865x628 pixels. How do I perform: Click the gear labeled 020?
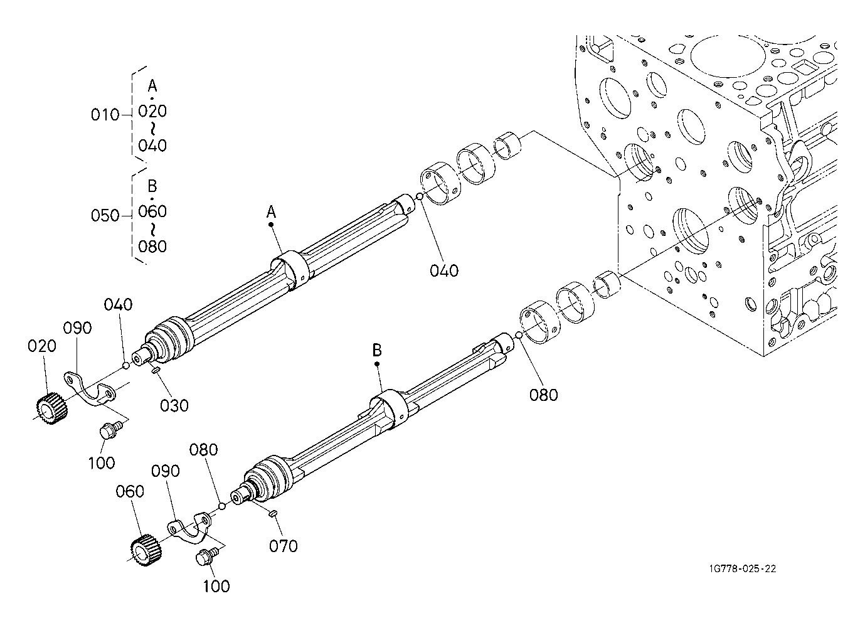[52, 408]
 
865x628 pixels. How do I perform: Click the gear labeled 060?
[146, 550]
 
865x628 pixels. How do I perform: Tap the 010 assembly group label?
[105, 115]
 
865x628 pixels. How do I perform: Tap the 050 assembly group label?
[105, 216]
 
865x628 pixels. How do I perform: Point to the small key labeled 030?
[156, 371]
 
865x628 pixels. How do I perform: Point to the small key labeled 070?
[273, 514]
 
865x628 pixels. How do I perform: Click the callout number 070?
[284, 546]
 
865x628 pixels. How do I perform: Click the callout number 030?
[174, 406]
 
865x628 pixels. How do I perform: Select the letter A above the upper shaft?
[272, 212]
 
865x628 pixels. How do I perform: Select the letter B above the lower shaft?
[377, 350]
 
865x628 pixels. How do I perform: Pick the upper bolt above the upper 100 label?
[110, 430]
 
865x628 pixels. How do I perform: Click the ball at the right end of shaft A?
[420, 198]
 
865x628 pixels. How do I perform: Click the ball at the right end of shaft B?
[519, 335]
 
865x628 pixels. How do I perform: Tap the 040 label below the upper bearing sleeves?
[444, 271]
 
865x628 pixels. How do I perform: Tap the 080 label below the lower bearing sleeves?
[544, 395]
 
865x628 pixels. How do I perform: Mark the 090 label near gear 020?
[78, 328]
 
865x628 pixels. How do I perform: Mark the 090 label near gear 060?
[166, 471]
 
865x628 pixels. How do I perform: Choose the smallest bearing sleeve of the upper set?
[508, 146]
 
